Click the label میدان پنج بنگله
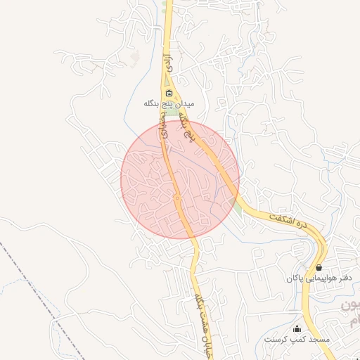tap(168, 104)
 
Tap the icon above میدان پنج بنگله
tap(168, 93)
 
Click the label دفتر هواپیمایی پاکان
tap(319, 278)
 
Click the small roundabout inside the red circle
tap(178, 199)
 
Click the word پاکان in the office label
tap(295, 278)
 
